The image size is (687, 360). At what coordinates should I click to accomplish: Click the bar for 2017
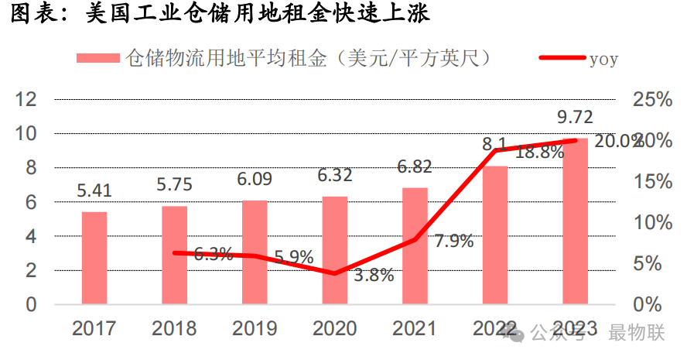pos(94,258)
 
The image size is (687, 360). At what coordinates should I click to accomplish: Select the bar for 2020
pos(335,250)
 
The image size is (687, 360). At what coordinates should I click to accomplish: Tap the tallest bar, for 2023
pos(576,221)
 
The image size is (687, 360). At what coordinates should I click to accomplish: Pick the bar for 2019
pos(255,252)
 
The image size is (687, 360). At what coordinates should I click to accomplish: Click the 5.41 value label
pos(94,189)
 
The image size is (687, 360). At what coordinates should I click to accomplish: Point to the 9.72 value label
pos(575,118)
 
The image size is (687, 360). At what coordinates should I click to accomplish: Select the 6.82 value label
pos(415,166)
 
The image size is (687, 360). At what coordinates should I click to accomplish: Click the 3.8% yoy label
pos(374,275)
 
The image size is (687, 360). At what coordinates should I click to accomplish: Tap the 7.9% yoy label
pos(453,241)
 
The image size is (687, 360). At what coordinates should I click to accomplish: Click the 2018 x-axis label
pos(174,329)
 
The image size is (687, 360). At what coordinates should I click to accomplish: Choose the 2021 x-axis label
pos(415,329)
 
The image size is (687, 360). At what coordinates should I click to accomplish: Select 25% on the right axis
pos(651,99)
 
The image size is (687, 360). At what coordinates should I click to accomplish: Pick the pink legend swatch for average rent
pos(98,58)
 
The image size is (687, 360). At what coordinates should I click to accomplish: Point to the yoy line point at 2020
pos(335,273)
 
